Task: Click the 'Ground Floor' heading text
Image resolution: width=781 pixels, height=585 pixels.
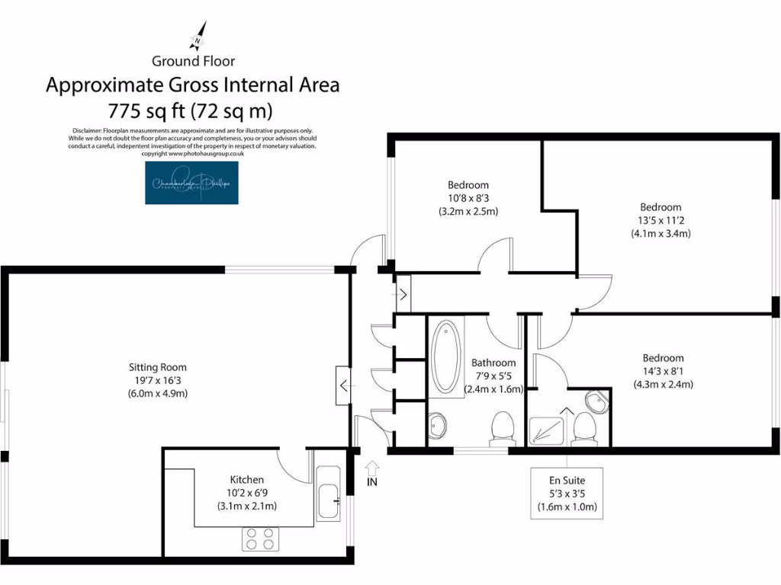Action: tap(193, 61)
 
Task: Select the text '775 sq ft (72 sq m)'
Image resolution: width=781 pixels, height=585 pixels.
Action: tap(193, 111)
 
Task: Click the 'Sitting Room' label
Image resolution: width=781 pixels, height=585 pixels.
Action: tap(157, 367)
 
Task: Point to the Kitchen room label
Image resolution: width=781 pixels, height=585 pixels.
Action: tap(247, 480)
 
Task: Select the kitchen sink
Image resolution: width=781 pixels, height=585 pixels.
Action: tap(329, 494)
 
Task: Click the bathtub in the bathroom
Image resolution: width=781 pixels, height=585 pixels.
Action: tap(445, 356)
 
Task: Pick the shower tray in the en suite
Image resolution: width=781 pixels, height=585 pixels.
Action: tap(551, 429)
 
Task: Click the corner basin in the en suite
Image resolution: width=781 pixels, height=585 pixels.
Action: tap(596, 401)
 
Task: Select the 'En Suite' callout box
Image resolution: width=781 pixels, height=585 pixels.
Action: tap(567, 494)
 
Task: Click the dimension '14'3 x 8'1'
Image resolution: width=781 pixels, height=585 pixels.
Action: tap(662, 372)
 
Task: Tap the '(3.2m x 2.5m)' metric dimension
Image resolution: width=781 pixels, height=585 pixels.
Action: tap(468, 212)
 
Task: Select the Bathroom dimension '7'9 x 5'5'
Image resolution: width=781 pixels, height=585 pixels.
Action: tap(493, 376)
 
